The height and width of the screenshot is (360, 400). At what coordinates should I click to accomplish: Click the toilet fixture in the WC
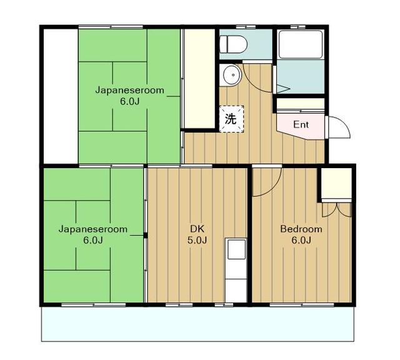click(x=233, y=44)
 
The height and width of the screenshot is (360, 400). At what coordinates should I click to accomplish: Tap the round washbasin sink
click(x=232, y=75)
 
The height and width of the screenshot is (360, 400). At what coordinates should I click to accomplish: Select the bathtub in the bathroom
click(x=300, y=44)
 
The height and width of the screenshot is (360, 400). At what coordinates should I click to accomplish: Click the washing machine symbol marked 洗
click(x=231, y=119)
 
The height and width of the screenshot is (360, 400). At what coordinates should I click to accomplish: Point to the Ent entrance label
click(x=301, y=125)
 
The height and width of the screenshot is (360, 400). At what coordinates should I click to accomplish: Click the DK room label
click(x=197, y=229)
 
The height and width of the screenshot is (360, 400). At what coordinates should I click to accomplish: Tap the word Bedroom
click(x=301, y=229)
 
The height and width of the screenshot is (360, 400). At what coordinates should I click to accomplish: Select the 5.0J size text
click(x=197, y=240)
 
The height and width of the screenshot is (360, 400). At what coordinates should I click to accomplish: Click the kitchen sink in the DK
click(x=236, y=249)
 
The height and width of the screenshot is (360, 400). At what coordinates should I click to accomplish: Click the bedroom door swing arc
click(x=274, y=187)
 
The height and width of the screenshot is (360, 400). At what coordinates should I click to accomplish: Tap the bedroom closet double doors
click(x=337, y=209)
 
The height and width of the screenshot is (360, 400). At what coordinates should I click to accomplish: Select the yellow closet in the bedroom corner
click(x=336, y=183)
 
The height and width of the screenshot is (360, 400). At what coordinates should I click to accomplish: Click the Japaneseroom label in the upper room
click(x=129, y=91)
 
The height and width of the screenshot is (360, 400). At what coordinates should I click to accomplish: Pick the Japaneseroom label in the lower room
click(x=93, y=229)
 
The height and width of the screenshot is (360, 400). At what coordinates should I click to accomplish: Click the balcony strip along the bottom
click(x=197, y=324)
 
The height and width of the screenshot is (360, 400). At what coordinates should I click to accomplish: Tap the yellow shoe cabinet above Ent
click(x=301, y=104)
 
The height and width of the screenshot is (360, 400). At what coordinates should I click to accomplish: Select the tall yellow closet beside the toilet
click(x=199, y=79)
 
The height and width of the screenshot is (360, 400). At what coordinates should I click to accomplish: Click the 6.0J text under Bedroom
click(x=301, y=241)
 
